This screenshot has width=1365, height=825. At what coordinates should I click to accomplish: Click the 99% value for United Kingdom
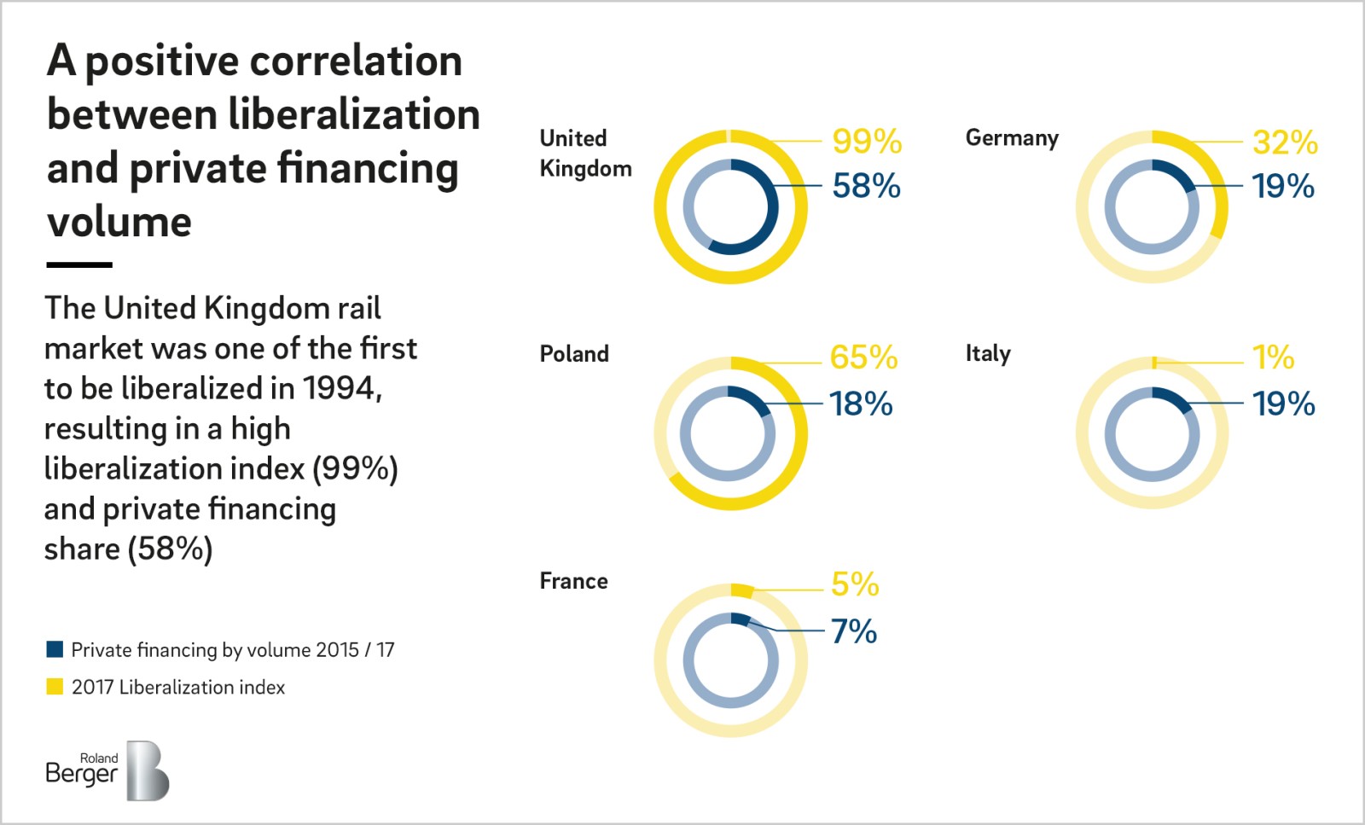(x=867, y=142)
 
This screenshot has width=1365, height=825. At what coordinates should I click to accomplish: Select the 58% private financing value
(x=866, y=186)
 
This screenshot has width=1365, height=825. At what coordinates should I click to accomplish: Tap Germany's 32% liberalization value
(x=1285, y=142)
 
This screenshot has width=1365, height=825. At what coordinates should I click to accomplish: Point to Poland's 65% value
(x=863, y=357)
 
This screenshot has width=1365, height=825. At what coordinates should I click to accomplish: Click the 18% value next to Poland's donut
(x=861, y=404)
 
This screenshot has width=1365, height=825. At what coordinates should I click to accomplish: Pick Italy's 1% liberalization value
(x=1273, y=357)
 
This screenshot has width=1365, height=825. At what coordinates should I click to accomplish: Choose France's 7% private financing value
(x=853, y=632)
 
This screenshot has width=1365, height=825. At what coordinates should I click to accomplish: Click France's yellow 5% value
(x=854, y=584)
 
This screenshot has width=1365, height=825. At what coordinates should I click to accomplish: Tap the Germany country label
(x=1012, y=138)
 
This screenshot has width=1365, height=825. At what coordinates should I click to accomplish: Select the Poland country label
(x=574, y=354)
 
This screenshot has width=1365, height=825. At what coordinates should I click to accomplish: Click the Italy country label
(x=988, y=354)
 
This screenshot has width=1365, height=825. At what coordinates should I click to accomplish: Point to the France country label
(x=573, y=582)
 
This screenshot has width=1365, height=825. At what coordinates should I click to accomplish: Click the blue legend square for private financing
(x=55, y=650)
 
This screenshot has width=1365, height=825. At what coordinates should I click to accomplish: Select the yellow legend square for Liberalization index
(x=55, y=687)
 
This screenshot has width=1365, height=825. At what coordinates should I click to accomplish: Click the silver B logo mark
(x=148, y=771)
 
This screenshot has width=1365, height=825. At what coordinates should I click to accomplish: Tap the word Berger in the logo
(x=81, y=775)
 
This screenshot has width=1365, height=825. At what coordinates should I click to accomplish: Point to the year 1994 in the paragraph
(x=340, y=389)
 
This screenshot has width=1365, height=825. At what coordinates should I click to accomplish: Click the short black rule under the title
(x=79, y=265)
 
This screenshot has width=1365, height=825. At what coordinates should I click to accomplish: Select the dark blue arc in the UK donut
(x=770, y=213)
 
